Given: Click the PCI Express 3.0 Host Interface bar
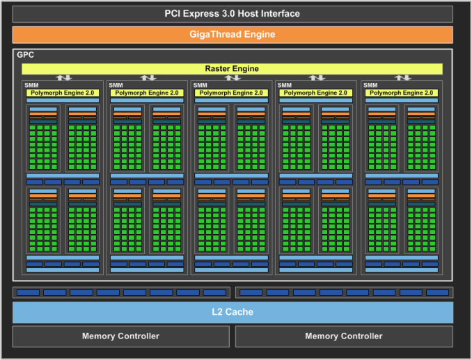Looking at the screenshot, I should (x=233, y=14).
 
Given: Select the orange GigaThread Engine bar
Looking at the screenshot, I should (x=233, y=34).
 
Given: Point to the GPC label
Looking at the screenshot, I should (x=26, y=54).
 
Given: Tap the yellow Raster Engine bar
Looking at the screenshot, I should (x=233, y=69).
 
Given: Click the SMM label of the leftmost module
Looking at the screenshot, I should (x=32, y=85).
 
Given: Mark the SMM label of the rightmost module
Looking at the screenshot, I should (x=370, y=85).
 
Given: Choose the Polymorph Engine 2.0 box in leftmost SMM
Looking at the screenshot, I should (x=63, y=93).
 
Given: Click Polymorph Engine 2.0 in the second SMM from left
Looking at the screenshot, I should (x=147, y=93).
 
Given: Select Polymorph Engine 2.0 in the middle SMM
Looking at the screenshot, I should (x=232, y=93).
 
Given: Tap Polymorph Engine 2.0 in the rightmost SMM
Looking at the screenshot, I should (x=402, y=93).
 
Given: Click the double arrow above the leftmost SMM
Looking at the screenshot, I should (x=63, y=78).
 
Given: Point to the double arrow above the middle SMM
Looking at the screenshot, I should (x=233, y=78).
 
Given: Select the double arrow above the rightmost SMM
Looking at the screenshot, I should (x=402, y=78).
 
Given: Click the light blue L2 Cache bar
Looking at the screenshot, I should (x=233, y=313).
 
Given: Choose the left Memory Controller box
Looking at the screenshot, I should (x=120, y=336).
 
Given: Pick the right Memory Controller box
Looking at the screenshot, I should (x=344, y=336).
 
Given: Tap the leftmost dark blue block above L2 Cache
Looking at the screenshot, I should (x=28, y=292).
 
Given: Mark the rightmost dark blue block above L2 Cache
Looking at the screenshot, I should (x=436, y=292).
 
